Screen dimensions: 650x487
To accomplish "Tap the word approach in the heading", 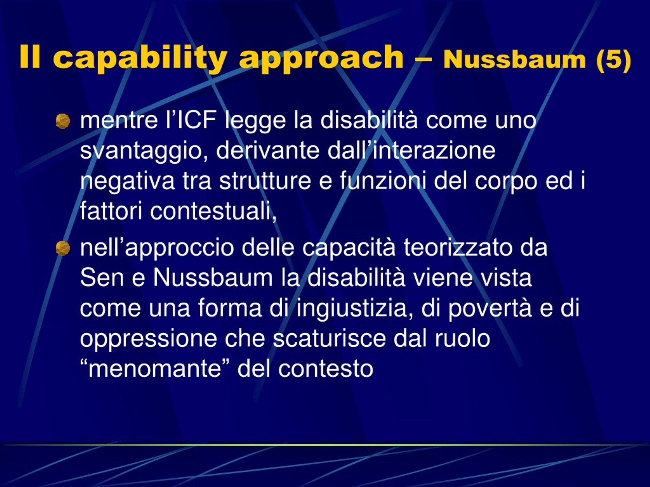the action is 321,59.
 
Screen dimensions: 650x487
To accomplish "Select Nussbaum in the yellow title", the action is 514,60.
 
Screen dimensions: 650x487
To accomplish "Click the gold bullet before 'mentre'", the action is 63,121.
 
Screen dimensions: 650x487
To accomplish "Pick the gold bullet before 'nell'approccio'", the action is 63,248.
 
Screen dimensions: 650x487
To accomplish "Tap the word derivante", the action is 268,150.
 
